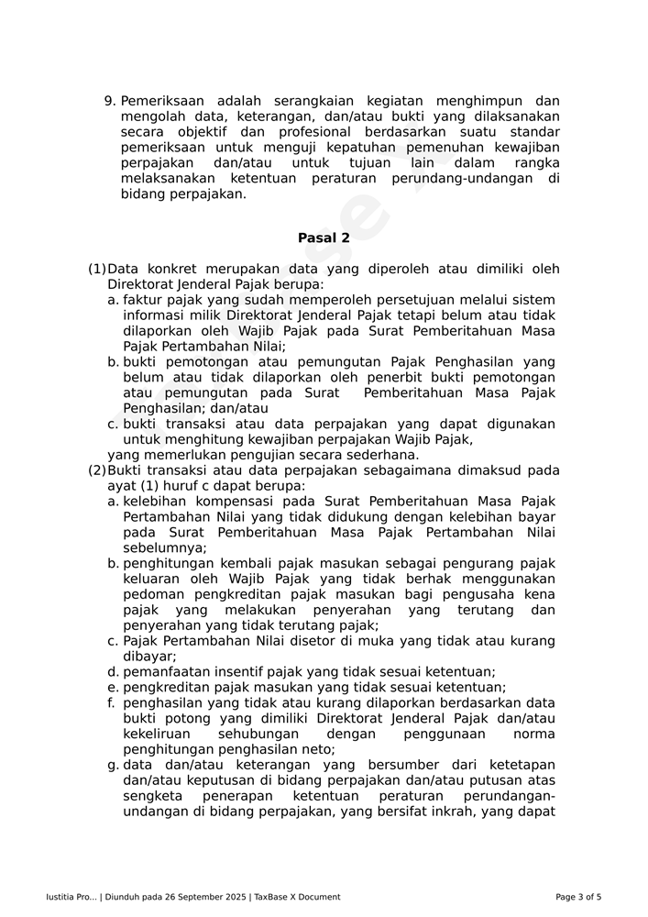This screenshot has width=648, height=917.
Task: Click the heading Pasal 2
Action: [x=324, y=238]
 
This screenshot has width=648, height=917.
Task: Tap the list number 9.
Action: [x=109, y=101]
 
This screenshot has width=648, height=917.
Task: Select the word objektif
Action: [x=188, y=132]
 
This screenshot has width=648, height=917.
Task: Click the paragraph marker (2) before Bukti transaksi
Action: [x=96, y=470]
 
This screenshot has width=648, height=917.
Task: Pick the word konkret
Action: [x=181, y=269]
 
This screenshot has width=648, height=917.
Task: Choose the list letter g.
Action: [x=112, y=765]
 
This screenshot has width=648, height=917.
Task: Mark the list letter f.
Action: [x=112, y=703]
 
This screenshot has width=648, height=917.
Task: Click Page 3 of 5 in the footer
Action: [x=578, y=897]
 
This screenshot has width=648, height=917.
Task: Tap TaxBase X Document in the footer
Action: [x=297, y=897]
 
